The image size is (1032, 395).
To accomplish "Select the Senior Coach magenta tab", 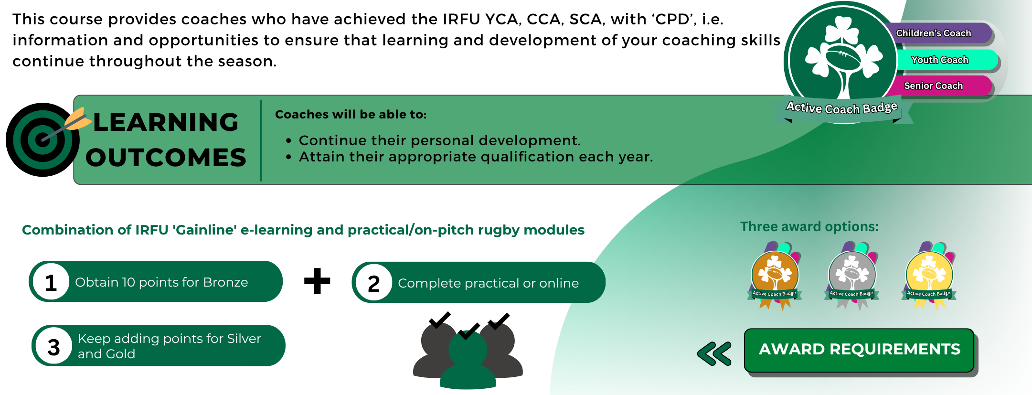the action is [938, 86].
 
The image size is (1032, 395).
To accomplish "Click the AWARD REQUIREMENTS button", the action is [859, 350].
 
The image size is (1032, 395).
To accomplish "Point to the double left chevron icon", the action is [714, 353].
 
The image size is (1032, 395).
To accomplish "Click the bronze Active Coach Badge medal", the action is [775, 276].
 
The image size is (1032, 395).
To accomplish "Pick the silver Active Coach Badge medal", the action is [851, 276].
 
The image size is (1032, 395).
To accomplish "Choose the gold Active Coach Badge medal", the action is [929, 276].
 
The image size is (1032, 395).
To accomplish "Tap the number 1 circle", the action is [51, 282].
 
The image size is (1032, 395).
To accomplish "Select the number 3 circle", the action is [53, 346].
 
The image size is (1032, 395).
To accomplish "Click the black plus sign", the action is [317, 281].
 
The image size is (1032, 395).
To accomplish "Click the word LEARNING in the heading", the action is [166, 122].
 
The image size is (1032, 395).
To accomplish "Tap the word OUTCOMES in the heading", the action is [166, 158].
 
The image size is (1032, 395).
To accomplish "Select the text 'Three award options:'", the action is [809, 226].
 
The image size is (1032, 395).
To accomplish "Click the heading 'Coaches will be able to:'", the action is [351, 115].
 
